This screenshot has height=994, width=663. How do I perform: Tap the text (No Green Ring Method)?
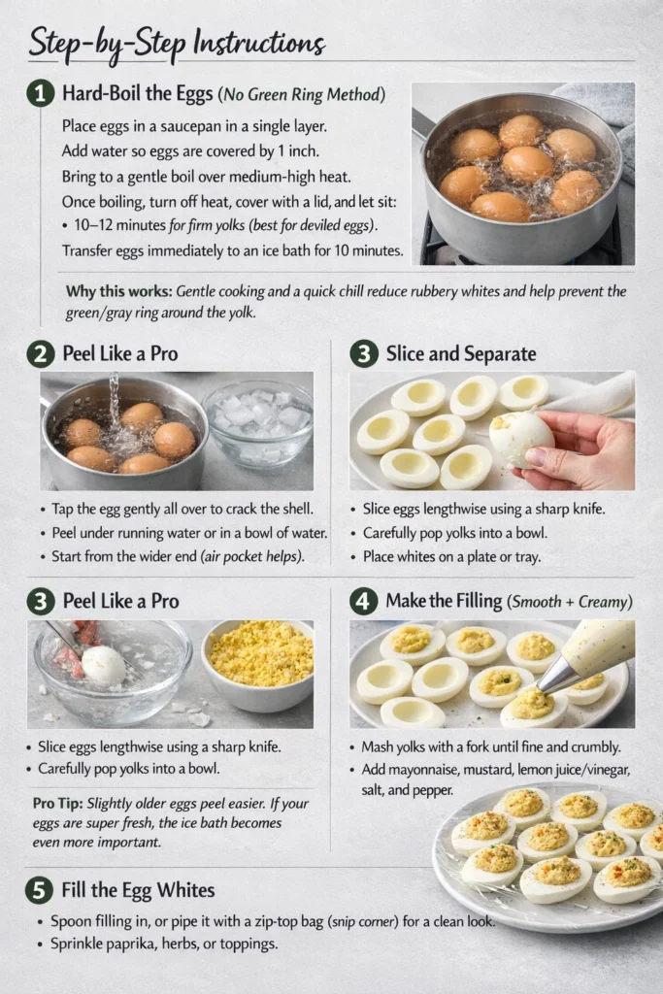coord(302,95)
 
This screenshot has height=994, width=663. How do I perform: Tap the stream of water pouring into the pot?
coord(115,398)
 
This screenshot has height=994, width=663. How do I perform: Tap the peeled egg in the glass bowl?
coord(103,665)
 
